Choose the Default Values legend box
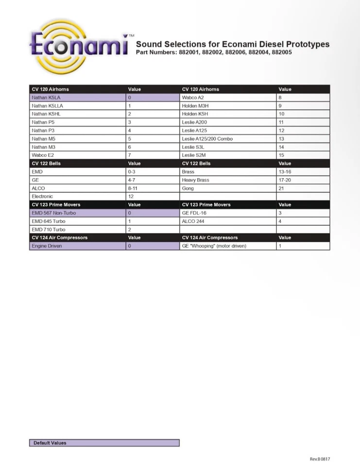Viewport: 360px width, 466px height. point(104,443)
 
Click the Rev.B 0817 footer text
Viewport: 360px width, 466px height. point(320,459)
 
